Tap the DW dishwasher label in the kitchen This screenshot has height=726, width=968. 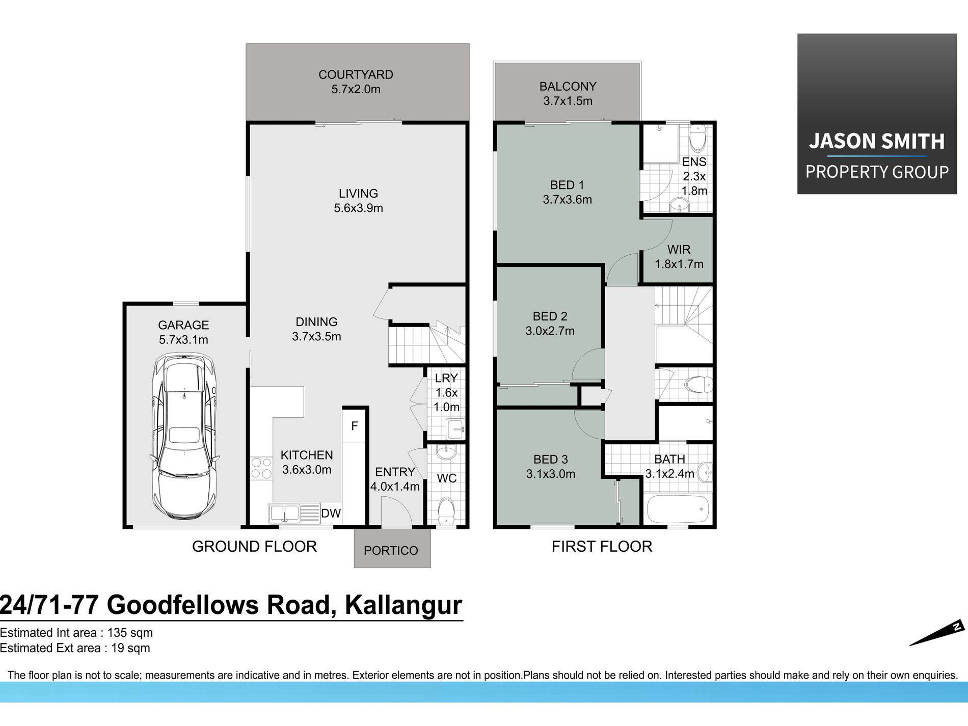pyautogui.click(x=331, y=513)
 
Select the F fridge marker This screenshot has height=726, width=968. pyautogui.click(x=355, y=426)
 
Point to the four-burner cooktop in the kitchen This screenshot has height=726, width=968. pyautogui.click(x=261, y=468)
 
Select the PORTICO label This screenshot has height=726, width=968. pyautogui.click(x=391, y=550)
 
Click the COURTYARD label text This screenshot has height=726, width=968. pyautogui.click(x=356, y=74)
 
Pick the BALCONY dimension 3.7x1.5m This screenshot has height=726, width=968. pyautogui.click(x=568, y=101)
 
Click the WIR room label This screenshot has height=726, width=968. pyautogui.click(x=679, y=249)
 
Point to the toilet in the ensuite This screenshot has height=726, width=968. pyautogui.click(x=697, y=137)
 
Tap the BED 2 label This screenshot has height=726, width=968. pyautogui.click(x=550, y=316)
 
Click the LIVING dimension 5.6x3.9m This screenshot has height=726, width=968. pyautogui.click(x=358, y=208)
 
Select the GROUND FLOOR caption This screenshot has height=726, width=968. pyautogui.click(x=254, y=546)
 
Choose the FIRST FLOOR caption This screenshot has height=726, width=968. pyautogui.click(x=602, y=546)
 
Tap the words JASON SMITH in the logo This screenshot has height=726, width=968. pyautogui.click(x=876, y=141)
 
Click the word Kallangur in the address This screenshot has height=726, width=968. pyautogui.click(x=403, y=605)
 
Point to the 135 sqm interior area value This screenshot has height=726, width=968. pyautogui.click(x=130, y=633)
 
